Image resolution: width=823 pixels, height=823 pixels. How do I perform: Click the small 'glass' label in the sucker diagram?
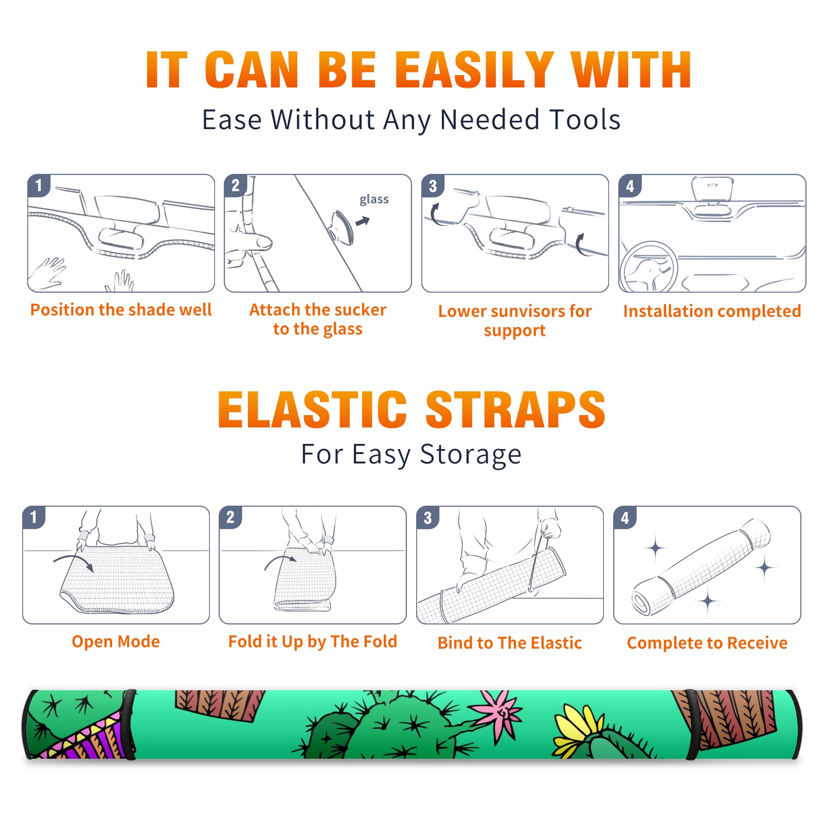click(x=374, y=199)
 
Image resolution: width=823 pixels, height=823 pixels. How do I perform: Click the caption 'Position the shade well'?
click(x=121, y=310)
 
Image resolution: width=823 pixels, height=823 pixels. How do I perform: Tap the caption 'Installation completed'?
click(x=712, y=311)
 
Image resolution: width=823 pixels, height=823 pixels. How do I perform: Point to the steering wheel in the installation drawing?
click(x=649, y=267)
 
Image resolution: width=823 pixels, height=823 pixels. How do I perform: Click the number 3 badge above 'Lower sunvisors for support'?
click(x=433, y=186)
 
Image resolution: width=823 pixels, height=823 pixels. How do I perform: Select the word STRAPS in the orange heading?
click(x=515, y=409)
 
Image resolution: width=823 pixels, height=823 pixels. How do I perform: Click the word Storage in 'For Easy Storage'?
click(x=470, y=455)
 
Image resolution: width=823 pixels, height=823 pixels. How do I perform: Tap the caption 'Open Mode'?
click(x=116, y=641)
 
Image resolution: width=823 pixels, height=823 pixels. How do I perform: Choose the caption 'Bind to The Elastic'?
click(x=509, y=642)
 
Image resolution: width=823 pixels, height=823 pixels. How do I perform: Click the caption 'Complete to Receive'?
click(x=707, y=642)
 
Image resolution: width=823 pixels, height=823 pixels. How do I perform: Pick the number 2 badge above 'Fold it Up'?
click(x=230, y=517)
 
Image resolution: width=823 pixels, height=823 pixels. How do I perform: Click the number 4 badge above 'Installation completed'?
click(x=630, y=186)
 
